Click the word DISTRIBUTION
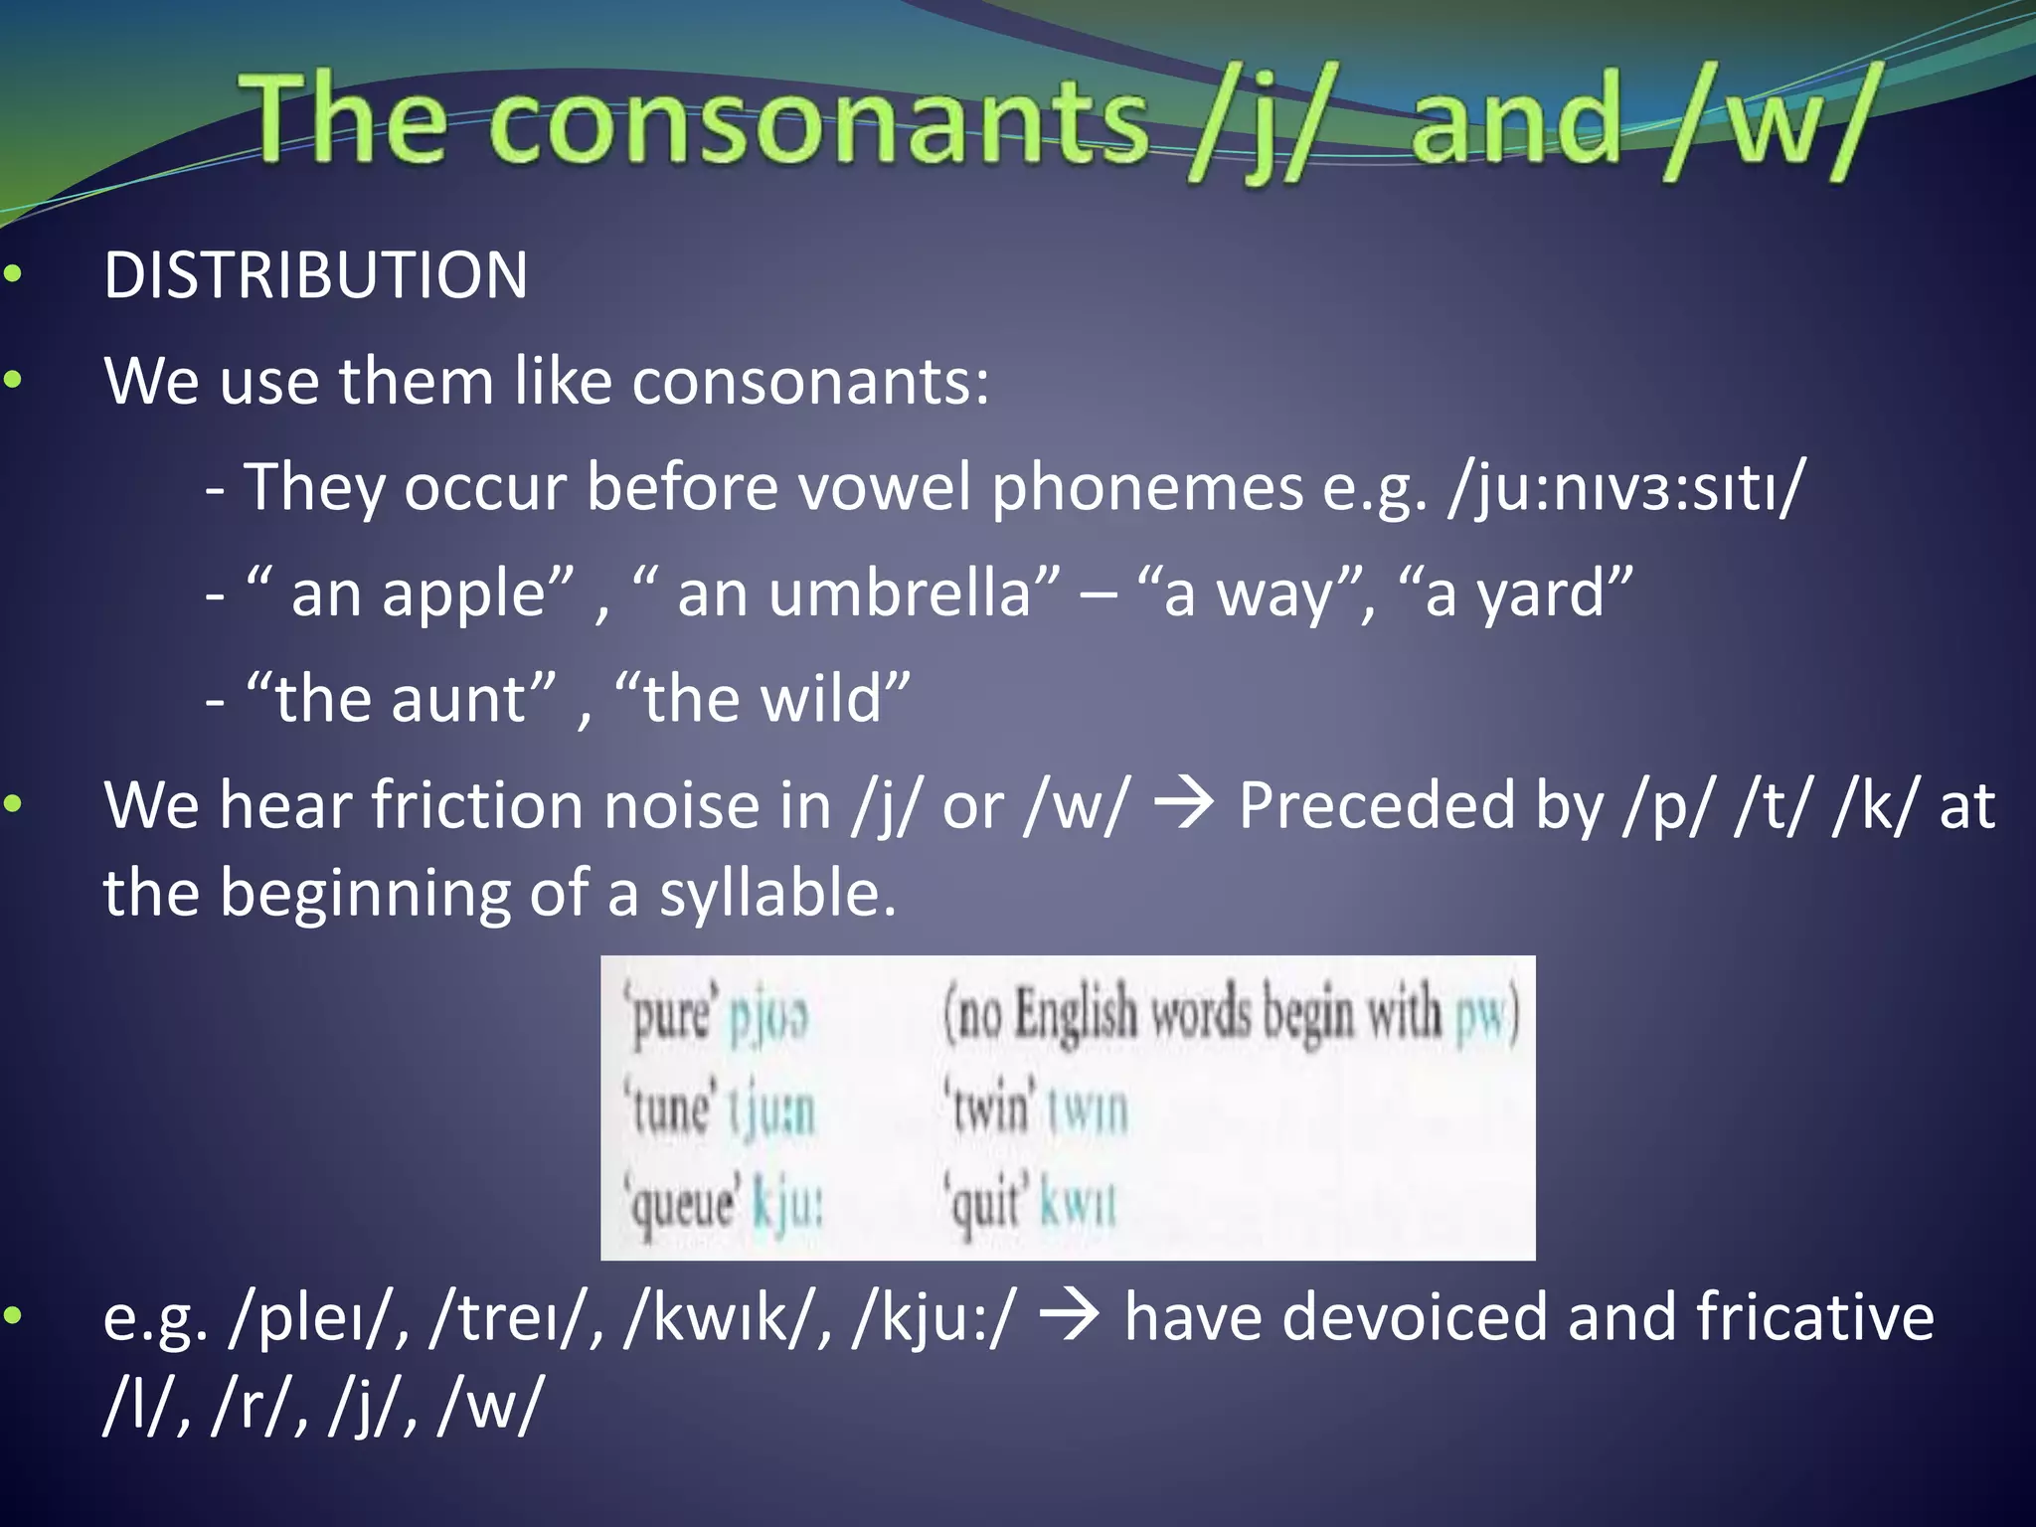click(315, 275)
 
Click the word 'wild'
click(820, 699)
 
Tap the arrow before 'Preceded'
click(1184, 803)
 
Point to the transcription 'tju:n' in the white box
click(771, 1110)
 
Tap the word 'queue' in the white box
click(683, 1204)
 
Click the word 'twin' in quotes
click(989, 1109)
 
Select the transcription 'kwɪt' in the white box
click(1079, 1204)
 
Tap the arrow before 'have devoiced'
click(1070, 1315)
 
